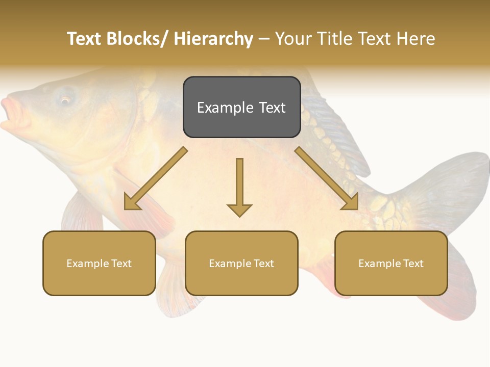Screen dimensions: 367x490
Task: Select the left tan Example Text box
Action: [99, 263]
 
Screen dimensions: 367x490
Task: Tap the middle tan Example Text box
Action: [241, 263]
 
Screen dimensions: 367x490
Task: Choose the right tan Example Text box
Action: [391, 263]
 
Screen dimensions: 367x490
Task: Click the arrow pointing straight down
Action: [239, 186]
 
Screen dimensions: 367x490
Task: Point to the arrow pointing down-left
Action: [156, 178]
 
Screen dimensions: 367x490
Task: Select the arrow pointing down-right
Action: [327, 178]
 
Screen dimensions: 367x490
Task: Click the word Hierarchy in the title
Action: [213, 39]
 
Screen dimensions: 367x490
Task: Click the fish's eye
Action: [65, 99]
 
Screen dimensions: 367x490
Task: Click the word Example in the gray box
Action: [225, 108]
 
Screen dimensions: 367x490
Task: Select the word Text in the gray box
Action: [272, 108]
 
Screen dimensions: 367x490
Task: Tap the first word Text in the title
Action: [85, 39]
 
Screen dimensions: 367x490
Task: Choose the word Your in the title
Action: [293, 39]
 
